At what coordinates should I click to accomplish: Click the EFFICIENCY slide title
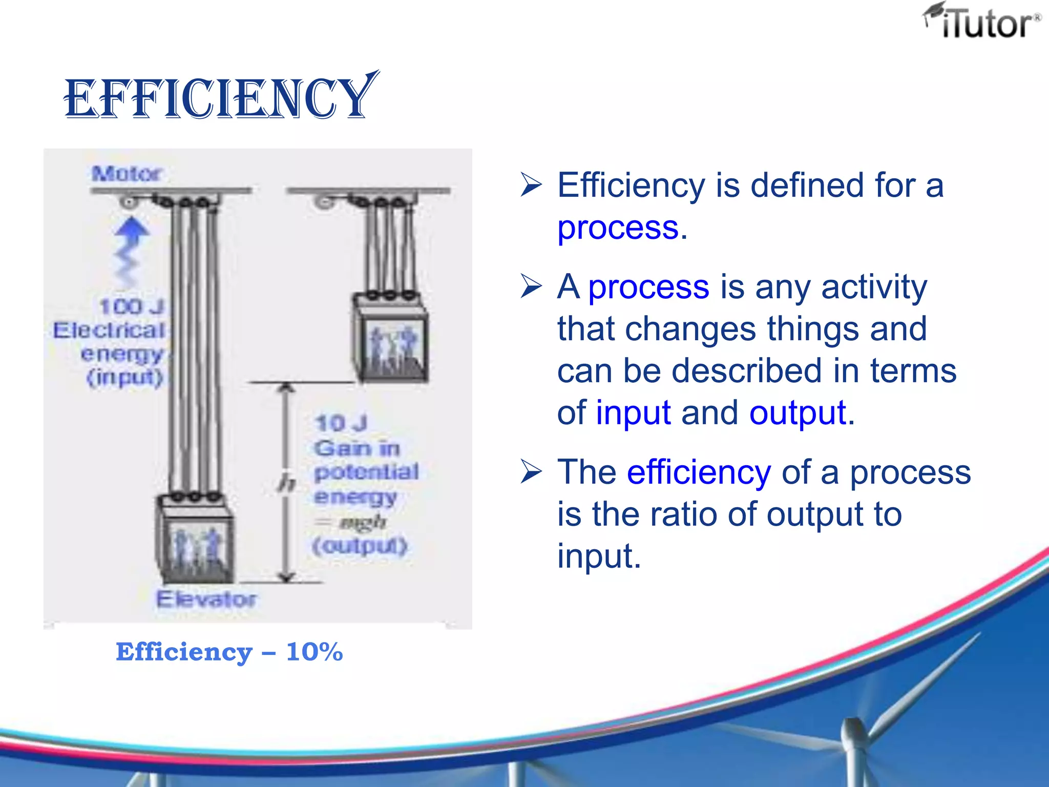[x=220, y=97]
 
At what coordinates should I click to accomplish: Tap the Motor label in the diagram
[x=127, y=174]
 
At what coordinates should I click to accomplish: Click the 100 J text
[x=131, y=307]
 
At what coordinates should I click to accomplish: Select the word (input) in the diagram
[x=125, y=378]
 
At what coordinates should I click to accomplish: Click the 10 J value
[x=341, y=424]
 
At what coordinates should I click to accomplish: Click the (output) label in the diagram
[x=360, y=546]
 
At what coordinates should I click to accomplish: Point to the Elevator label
[x=206, y=599]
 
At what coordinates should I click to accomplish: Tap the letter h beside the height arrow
[x=286, y=483]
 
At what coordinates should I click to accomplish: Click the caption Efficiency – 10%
[x=229, y=652]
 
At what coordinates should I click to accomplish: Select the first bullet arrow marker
[x=531, y=185]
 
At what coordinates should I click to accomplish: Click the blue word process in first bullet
[x=618, y=227]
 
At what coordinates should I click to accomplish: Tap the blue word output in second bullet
[x=797, y=413]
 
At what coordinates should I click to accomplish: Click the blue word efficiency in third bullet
[x=699, y=472]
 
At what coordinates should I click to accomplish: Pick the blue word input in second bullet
[x=633, y=413]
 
